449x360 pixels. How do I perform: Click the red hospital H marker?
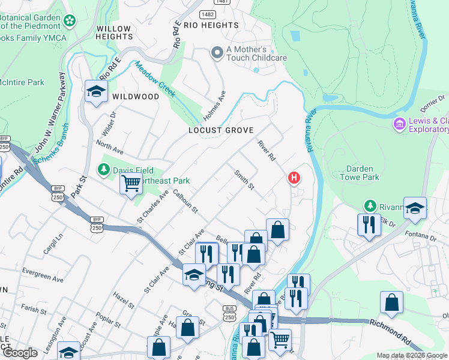(x=294, y=178)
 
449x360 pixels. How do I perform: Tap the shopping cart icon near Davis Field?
(x=131, y=184)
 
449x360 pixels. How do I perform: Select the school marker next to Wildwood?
(x=95, y=92)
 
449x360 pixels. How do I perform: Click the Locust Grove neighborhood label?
(x=221, y=130)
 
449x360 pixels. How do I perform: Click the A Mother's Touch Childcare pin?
(x=217, y=53)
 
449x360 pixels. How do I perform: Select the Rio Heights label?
(x=211, y=25)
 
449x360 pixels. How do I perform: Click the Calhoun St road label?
(x=185, y=201)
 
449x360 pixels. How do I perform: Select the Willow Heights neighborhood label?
(x=113, y=32)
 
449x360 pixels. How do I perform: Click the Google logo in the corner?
(x=20, y=353)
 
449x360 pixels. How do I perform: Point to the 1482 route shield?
(x=208, y=13)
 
